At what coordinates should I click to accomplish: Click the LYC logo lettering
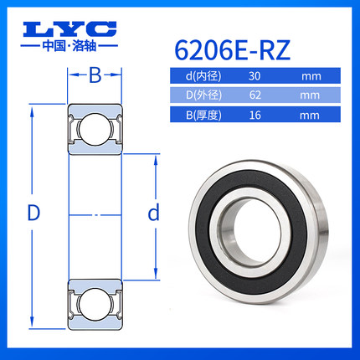point(69,29)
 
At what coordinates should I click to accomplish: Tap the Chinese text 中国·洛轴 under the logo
point(69,46)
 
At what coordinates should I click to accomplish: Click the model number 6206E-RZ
point(233,50)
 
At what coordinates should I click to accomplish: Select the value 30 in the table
point(255,76)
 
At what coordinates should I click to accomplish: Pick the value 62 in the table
point(255,95)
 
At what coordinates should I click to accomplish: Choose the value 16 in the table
point(255,115)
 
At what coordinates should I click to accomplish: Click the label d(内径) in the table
point(203,76)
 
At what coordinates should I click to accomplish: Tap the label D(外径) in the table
point(203,95)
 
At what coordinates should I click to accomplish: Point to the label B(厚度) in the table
point(203,115)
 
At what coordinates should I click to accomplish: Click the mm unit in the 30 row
point(311,76)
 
